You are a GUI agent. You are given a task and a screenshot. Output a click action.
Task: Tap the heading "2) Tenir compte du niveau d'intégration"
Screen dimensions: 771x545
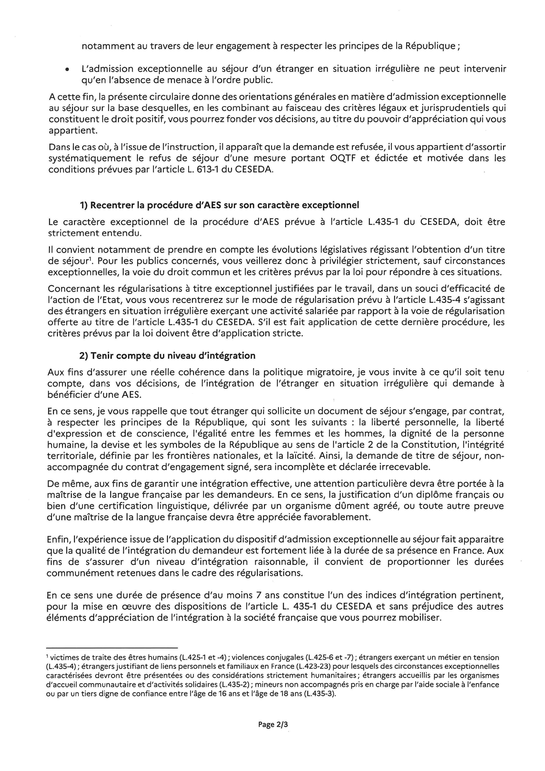point(167,355)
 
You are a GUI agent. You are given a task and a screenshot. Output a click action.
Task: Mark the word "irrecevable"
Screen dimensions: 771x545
point(401,467)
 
